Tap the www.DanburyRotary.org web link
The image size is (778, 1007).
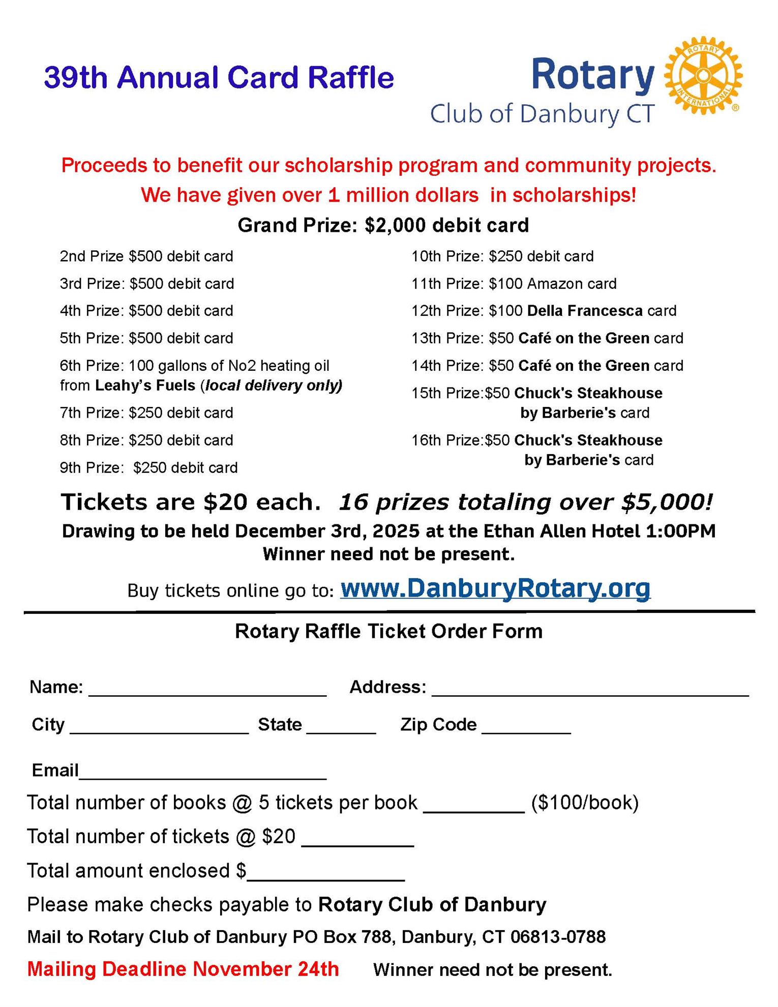(x=495, y=588)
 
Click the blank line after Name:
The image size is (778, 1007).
(x=207, y=691)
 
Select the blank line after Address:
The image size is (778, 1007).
(x=590, y=691)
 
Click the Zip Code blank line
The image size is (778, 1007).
(x=526, y=728)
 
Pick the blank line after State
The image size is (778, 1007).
(x=341, y=728)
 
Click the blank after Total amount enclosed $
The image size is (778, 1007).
(x=325, y=875)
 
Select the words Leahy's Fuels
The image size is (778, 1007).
(x=145, y=386)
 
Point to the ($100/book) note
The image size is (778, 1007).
(x=585, y=803)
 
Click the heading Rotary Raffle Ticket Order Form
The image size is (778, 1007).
(x=388, y=631)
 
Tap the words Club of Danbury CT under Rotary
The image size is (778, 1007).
(x=542, y=113)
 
